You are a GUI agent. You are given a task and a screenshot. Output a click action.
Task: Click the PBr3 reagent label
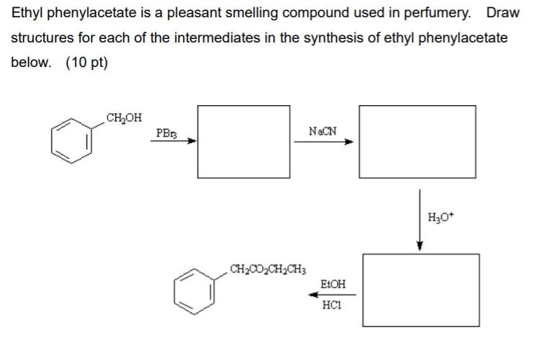pyautogui.click(x=165, y=133)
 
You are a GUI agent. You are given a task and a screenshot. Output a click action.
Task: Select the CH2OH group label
pyautogui.click(x=124, y=117)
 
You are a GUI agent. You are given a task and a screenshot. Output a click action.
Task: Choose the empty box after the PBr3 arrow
pyautogui.click(x=244, y=141)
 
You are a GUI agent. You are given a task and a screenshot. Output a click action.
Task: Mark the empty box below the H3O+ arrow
pyautogui.click(x=421, y=289)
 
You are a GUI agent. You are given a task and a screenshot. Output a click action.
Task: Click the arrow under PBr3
pyautogui.click(x=174, y=142)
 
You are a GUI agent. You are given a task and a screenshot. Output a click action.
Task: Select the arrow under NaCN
pyautogui.click(x=323, y=142)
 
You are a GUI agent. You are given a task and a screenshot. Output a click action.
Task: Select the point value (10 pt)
pyautogui.click(x=86, y=62)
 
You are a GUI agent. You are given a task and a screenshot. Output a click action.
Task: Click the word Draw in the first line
pyautogui.click(x=503, y=13)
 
